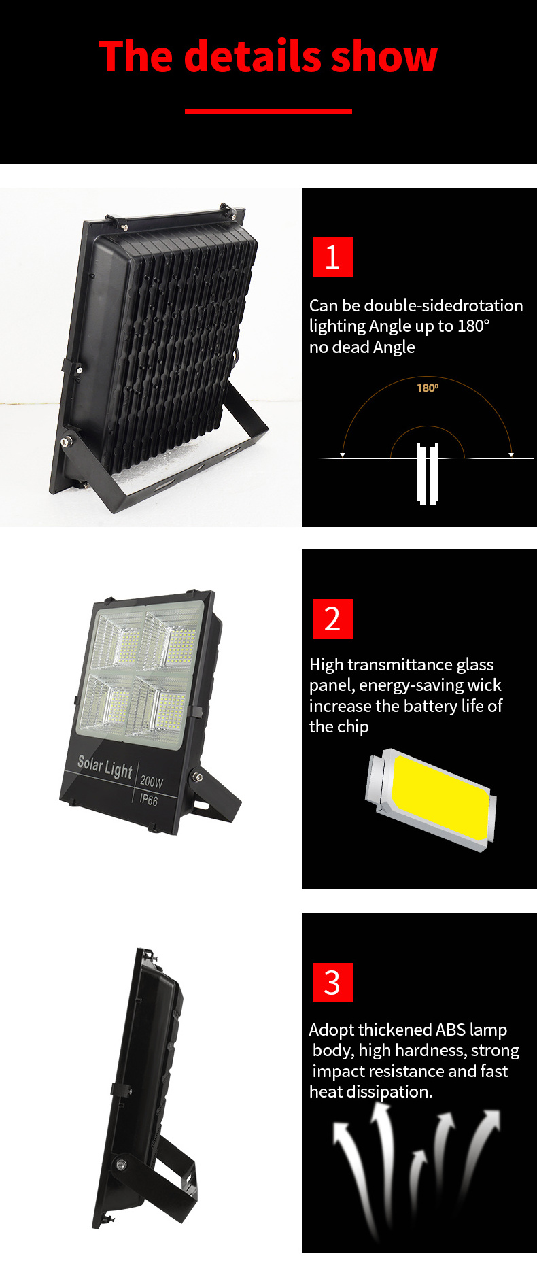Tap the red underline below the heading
[x=268, y=111]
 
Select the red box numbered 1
[x=333, y=257]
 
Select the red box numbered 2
[x=333, y=619]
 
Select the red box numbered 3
[x=333, y=983]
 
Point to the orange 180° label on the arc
[x=428, y=388]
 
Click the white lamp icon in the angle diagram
[x=428, y=473]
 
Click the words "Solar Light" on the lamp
[x=105, y=766]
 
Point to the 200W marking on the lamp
[x=152, y=781]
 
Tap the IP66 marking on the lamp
[x=148, y=800]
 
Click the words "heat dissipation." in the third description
[x=370, y=1091]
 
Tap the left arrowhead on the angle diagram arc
[x=343, y=454]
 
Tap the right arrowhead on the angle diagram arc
[x=511, y=454]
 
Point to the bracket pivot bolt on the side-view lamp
[x=121, y=1165]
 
